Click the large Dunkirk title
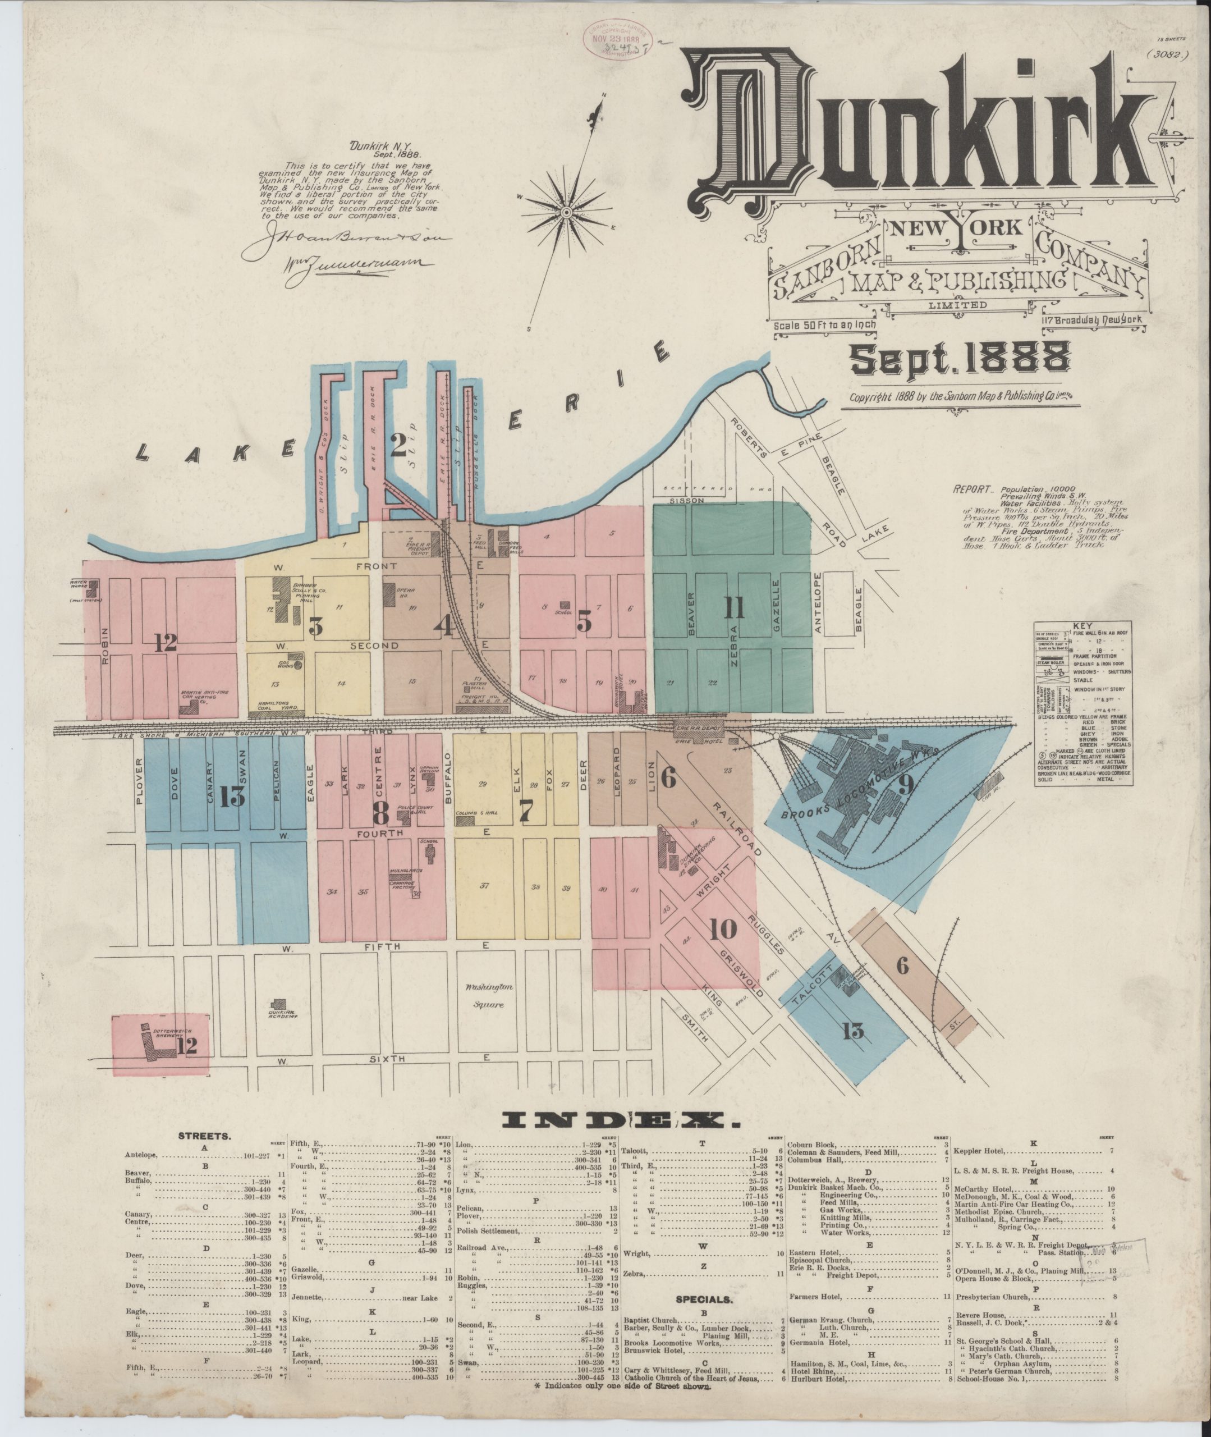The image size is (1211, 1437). (x=913, y=134)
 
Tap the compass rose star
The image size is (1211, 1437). (x=567, y=212)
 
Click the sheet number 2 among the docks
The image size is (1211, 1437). (x=398, y=447)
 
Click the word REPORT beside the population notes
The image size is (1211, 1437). (x=972, y=490)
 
